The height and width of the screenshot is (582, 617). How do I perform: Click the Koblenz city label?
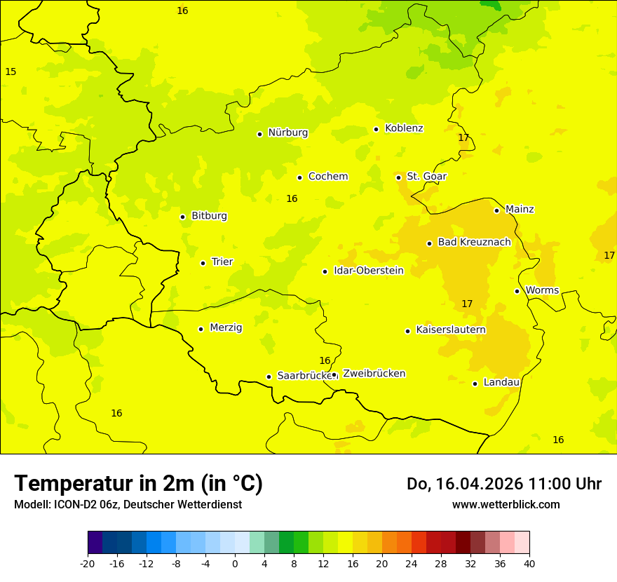click(x=404, y=128)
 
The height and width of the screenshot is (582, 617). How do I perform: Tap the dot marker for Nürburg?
click(x=259, y=134)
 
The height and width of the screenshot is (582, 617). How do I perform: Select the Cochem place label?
click(x=327, y=177)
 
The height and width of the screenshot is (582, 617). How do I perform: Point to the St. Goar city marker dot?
click(x=398, y=177)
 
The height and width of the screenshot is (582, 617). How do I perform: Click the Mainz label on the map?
click(x=520, y=210)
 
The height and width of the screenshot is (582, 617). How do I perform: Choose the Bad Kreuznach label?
click(x=474, y=243)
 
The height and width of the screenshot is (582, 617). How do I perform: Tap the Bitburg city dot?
click(x=182, y=217)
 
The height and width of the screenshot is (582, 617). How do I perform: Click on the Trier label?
click(x=222, y=262)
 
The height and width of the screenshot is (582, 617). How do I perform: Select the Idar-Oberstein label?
click(x=368, y=271)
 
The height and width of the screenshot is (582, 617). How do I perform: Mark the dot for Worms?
click(x=517, y=291)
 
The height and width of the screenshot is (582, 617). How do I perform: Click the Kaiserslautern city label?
click(x=451, y=330)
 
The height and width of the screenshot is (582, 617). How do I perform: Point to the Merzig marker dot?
click(x=201, y=329)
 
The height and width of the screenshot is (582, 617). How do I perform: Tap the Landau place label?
click(x=501, y=383)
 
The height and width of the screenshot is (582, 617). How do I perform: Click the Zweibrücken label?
click(x=374, y=374)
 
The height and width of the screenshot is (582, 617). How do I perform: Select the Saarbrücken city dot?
click(x=269, y=377)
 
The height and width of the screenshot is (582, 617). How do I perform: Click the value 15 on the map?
click(x=11, y=72)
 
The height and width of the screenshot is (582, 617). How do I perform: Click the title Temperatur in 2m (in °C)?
click(x=138, y=484)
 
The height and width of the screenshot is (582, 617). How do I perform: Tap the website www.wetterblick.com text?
click(x=506, y=505)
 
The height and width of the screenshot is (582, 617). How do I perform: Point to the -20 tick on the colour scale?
click(x=88, y=563)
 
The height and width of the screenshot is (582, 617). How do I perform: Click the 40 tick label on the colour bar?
click(x=529, y=563)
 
